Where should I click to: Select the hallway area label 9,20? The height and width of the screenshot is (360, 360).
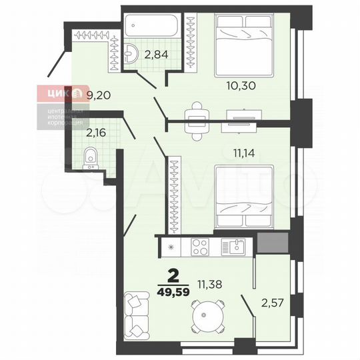coord(99,95)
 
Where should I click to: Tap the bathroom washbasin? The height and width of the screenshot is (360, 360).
coord(131,52)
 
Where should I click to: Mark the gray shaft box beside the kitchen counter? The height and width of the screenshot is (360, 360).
coord(273,244)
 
